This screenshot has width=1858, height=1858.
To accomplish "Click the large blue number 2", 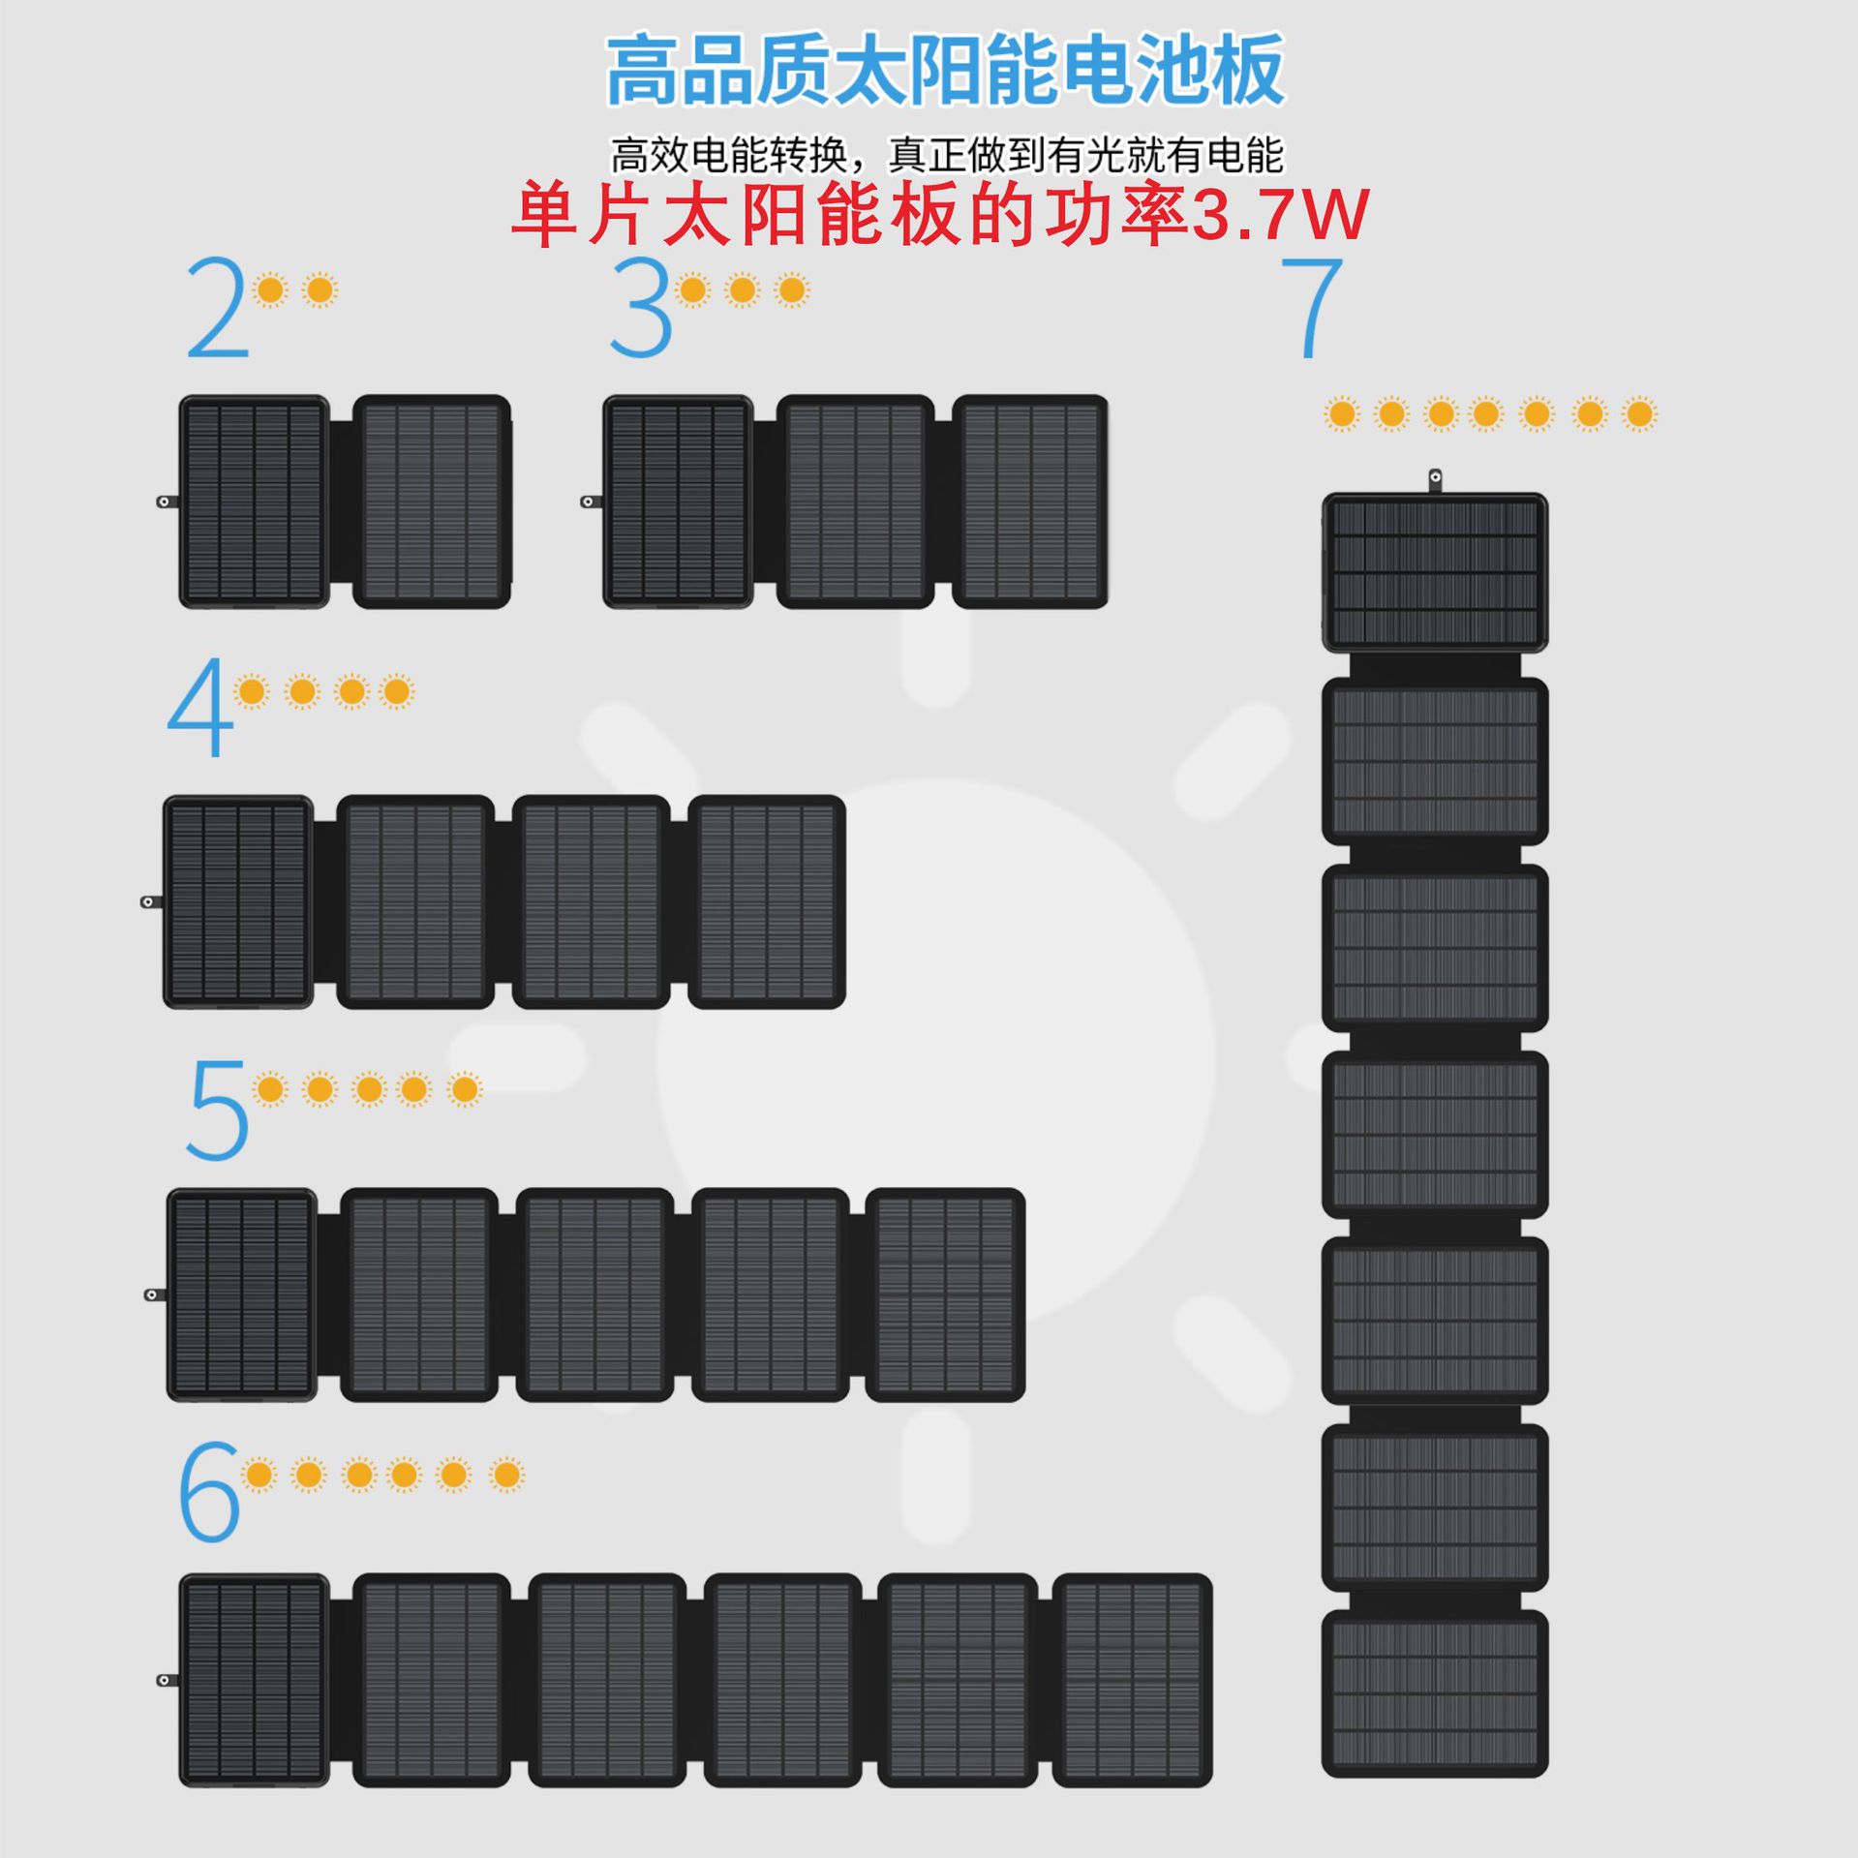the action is point(218,308).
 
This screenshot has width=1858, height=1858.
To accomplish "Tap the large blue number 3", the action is point(641,308).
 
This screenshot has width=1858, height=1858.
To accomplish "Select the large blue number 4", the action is point(200,707).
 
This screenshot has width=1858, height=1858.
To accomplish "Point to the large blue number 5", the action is point(218,1110).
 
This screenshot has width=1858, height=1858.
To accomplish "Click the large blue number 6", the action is point(209,1491).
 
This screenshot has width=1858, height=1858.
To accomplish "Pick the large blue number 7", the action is point(1312,308).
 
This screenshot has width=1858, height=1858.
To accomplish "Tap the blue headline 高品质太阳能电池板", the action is point(945,70).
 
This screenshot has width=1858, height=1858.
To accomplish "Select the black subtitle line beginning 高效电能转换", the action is point(945,154).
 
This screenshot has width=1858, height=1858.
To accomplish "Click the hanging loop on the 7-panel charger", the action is point(1436,478).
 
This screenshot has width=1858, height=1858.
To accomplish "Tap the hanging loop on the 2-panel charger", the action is point(166,502).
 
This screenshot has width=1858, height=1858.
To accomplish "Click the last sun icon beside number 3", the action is point(792,289).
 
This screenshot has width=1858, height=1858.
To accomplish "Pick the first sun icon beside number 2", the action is point(271,289).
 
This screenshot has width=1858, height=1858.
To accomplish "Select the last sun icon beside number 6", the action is point(506,1475).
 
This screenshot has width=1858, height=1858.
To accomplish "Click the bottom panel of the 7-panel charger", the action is point(1434,1693).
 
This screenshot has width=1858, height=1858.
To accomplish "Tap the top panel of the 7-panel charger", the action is point(1434,572).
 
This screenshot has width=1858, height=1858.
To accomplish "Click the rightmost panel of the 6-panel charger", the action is point(1132,1680).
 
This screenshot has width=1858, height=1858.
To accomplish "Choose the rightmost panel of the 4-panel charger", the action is point(766,902).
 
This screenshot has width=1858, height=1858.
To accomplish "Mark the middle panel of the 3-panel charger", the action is point(855,502).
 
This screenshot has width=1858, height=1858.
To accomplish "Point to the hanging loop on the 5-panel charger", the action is point(152,1295).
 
